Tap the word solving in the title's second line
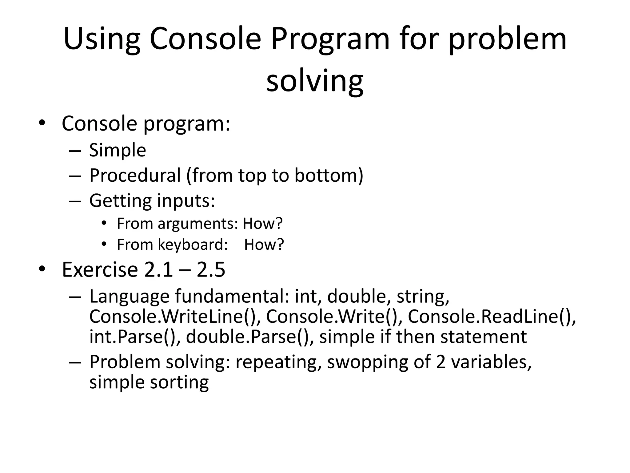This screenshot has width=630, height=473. click(x=315, y=81)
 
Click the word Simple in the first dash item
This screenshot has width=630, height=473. click(x=118, y=150)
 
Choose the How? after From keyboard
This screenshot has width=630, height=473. click(x=264, y=245)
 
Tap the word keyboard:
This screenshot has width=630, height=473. click(x=193, y=245)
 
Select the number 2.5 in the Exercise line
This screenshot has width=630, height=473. click(x=211, y=269)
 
